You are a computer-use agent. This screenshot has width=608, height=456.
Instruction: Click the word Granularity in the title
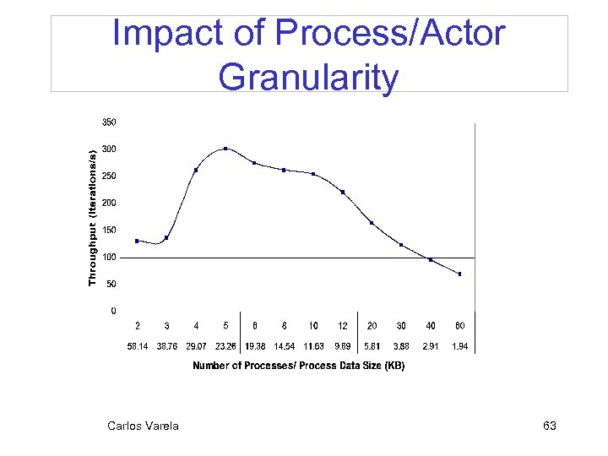(x=308, y=78)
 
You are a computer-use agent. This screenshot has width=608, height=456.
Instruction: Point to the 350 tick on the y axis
(x=110, y=122)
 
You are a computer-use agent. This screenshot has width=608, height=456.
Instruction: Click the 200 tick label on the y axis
(x=110, y=204)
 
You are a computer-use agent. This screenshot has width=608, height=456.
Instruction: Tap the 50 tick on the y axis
(x=111, y=285)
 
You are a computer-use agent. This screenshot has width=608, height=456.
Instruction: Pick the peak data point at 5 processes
(x=225, y=149)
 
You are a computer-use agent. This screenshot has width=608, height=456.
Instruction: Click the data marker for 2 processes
(x=137, y=241)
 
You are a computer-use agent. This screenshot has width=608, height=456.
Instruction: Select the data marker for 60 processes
(x=460, y=274)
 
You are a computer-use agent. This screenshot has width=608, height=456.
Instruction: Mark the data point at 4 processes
(x=196, y=170)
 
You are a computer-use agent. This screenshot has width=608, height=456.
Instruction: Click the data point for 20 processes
(x=372, y=223)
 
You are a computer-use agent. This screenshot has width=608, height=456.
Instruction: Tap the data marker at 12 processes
(x=343, y=192)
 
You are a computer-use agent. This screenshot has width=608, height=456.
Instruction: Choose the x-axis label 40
(x=431, y=326)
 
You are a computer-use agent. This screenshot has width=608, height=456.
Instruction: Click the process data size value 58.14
(x=138, y=346)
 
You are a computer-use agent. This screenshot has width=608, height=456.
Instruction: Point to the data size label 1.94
(x=460, y=346)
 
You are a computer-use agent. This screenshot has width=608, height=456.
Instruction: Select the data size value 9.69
(x=343, y=346)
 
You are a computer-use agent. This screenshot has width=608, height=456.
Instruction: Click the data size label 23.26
(x=225, y=346)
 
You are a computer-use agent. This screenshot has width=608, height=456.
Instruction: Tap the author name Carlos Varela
(x=143, y=426)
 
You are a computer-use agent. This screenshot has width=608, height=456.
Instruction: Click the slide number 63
(x=549, y=426)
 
